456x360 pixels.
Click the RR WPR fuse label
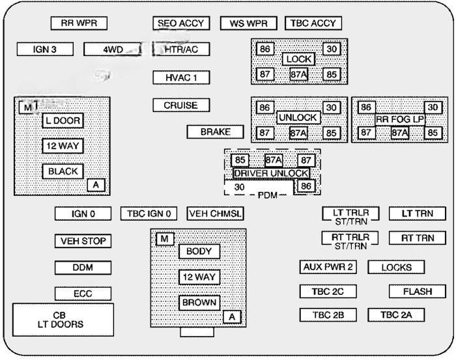coord(79,23)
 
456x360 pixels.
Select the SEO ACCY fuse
coord(181,23)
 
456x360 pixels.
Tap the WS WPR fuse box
coord(244,23)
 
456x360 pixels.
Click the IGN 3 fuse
coord(44,49)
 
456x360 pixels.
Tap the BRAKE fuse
coord(215,132)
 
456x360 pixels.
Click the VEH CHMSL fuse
coord(215,214)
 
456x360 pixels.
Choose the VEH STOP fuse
coord(83,241)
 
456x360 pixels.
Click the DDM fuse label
coord(83,268)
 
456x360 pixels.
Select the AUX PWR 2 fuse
coord(328,267)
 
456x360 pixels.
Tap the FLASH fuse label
coord(417,292)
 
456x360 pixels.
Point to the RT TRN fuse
coord(417,238)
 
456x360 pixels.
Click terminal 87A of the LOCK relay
coord(299,74)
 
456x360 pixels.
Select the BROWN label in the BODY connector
coord(199,303)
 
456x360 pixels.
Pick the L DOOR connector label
coord(63,120)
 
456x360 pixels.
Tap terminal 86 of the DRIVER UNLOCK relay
coord(306,187)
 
